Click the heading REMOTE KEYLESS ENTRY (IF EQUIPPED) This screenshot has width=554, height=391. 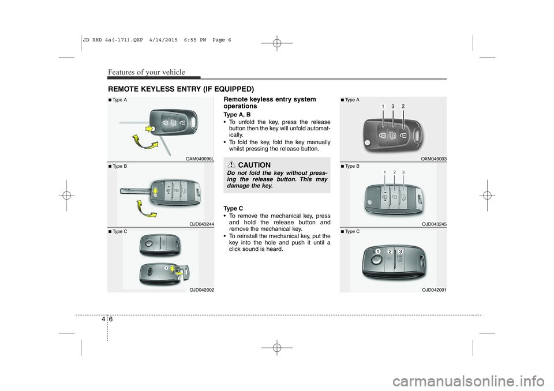[x=181, y=89]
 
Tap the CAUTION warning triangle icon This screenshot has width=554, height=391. [x=231, y=164]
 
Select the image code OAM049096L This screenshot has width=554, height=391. [x=200, y=159]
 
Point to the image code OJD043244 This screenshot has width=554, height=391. [x=202, y=224]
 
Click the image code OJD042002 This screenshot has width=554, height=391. [x=202, y=290]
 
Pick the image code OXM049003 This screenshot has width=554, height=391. [x=434, y=159]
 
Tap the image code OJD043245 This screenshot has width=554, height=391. [x=434, y=224]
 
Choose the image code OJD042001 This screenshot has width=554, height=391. [x=434, y=290]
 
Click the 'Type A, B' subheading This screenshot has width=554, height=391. [x=237, y=115]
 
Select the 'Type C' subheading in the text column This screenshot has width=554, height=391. [x=233, y=209]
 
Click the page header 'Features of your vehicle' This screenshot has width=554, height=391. [x=147, y=72]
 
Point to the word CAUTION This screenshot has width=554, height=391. [x=254, y=165]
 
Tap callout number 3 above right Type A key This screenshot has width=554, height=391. [x=393, y=106]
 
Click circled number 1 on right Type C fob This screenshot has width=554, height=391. [x=378, y=251]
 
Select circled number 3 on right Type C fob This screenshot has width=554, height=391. [x=400, y=251]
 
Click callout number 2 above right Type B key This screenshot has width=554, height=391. [x=394, y=172]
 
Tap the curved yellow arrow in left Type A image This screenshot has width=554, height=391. [x=145, y=144]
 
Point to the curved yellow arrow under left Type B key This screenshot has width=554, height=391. [x=146, y=210]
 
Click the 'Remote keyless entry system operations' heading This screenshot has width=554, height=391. [x=270, y=103]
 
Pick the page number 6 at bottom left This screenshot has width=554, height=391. [x=111, y=319]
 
